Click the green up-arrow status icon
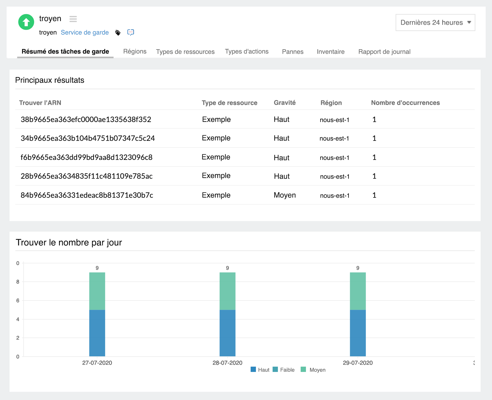point(26,22)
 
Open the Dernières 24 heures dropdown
point(435,23)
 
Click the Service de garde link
point(85,33)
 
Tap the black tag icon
point(118,33)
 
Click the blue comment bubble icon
point(130,32)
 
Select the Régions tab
point(135,51)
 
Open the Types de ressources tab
point(185,52)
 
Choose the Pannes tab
point(292,52)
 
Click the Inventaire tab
point(331,52)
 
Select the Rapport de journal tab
point(384,52)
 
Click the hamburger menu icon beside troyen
point(73,19)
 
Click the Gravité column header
point(285,103)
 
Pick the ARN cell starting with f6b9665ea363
point(87,157)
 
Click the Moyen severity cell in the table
point(285,195)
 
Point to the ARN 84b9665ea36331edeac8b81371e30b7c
point(87,195)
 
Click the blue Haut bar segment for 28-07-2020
point(227,333)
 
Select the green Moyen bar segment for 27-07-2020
point(97,291)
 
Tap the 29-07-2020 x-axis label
point(358,363)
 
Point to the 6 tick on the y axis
point(18,300)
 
